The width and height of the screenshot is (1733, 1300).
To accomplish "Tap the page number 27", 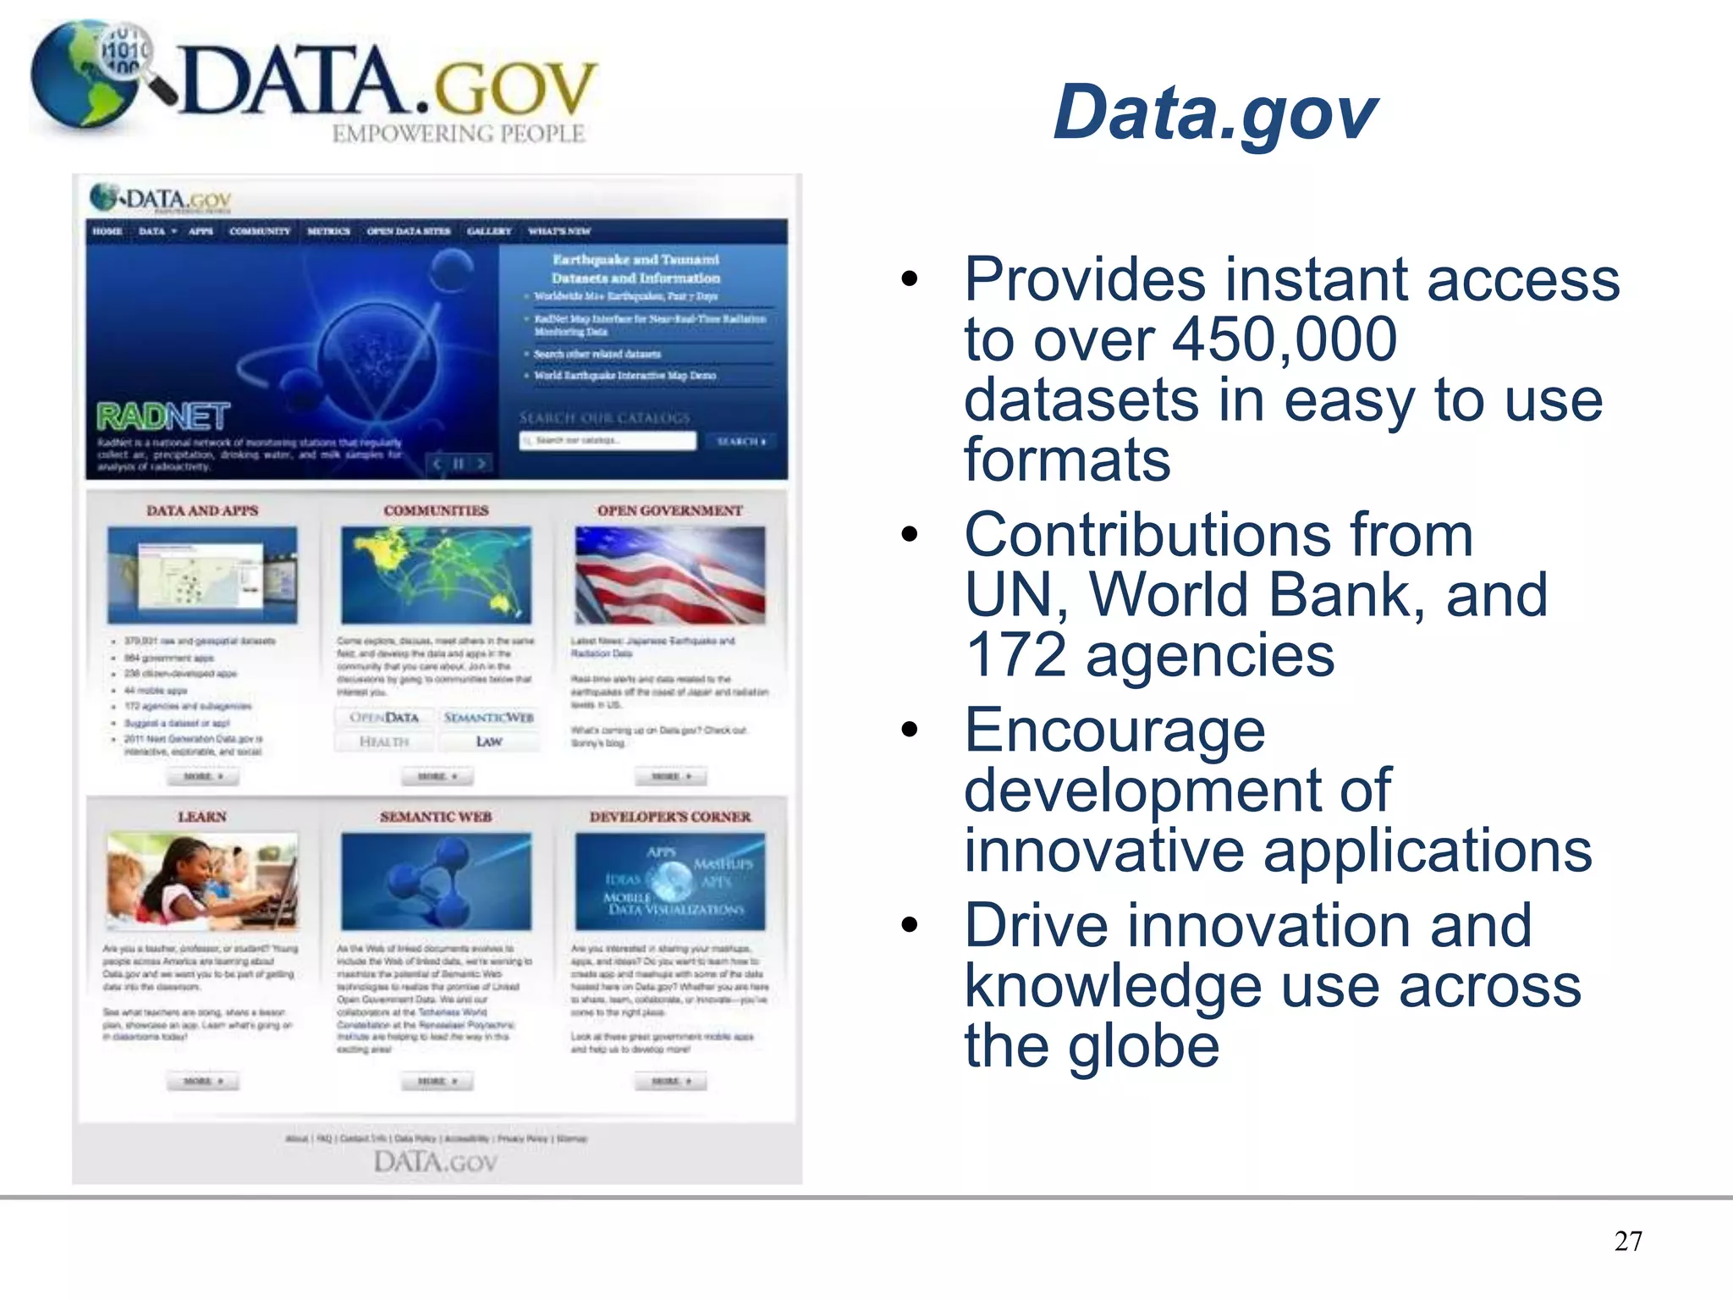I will click(x=1628, y=1241).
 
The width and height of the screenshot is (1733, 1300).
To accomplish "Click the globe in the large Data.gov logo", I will click(x=85, y=76).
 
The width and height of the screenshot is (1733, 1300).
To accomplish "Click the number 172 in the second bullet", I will click(x=1015, y=655).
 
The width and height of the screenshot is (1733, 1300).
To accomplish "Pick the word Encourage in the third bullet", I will click(x=1114, y=730).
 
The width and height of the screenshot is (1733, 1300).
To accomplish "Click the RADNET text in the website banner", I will click(x=162, y=416).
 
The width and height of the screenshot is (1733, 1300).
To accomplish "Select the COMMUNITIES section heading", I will click(x=436, y=511).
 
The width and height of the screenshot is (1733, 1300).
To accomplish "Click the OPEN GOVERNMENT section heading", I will click(x=669, y=511).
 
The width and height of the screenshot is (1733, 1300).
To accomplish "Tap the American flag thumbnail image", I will click(x=669, y=575).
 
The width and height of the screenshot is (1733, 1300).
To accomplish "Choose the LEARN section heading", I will click(x=202, y=817).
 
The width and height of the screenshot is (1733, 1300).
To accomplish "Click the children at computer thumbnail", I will click(x=202, y=881).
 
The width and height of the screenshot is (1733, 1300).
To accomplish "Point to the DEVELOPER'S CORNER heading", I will click(x=669, y=817).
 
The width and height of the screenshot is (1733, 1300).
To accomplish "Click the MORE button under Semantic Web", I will click(x=437, y=1081).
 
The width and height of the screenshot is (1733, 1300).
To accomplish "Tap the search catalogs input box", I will click(x=608, y=441).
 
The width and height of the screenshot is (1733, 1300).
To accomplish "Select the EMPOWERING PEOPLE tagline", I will click(x=458, y=134).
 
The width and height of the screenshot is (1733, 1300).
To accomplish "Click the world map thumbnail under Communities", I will click(x=436, y=575).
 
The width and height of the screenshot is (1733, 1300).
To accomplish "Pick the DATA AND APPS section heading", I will click(x=202, y=511).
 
